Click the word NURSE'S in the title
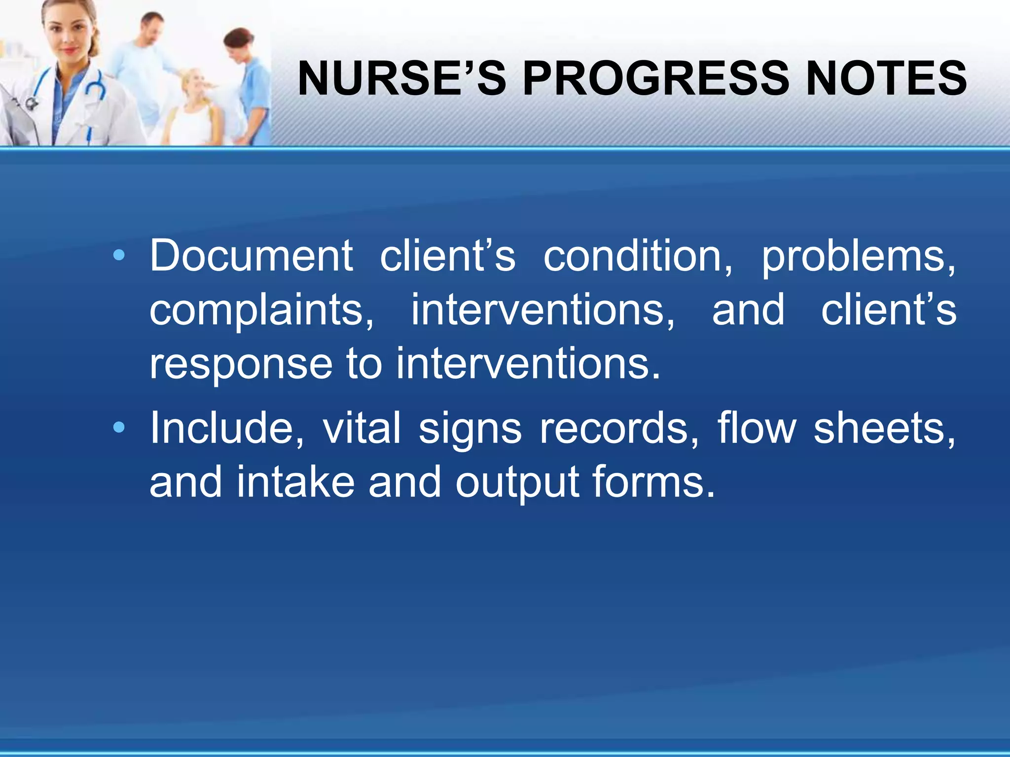click(402, 79)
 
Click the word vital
click(361, 428)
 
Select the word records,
click(619, 428)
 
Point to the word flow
click(757, 428)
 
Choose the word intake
click(295, 482)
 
